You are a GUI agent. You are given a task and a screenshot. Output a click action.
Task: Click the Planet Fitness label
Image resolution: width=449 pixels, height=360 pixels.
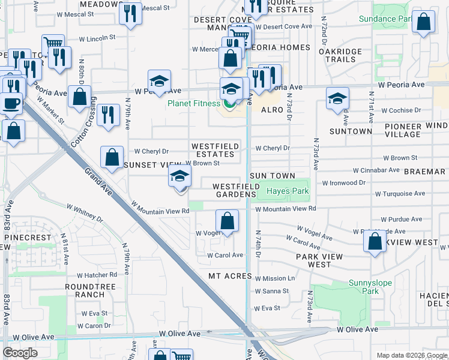194,103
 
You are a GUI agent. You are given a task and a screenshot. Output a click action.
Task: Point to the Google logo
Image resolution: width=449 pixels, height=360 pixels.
20,353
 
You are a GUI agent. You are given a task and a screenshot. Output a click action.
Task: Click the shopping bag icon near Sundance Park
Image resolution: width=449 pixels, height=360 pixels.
423,23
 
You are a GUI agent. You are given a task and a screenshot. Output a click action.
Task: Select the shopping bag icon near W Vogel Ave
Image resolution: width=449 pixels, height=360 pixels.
228,221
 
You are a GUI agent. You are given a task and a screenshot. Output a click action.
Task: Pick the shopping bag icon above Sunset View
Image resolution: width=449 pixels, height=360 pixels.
112,158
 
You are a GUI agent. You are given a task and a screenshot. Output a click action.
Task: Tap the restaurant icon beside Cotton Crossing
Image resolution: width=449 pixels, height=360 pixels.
107,115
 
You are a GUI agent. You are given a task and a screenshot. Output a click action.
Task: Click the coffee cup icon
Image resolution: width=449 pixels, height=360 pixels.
11,103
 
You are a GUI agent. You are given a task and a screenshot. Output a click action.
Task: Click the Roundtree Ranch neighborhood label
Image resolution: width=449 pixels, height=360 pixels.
90,290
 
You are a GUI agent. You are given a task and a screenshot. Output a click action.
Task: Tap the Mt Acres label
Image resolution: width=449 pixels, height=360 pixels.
228,276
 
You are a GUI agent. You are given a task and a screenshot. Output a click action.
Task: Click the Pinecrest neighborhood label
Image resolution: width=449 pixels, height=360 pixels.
28,238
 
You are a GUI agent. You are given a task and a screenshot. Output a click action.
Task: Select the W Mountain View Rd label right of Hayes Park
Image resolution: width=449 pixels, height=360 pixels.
286,209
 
